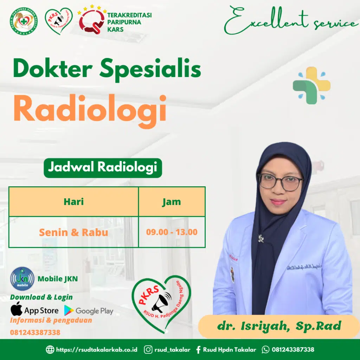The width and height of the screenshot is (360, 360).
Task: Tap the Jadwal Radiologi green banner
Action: pos(102,168)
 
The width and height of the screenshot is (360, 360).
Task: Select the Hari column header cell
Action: pos(73,202)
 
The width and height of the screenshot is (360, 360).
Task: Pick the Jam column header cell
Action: pos(172,202)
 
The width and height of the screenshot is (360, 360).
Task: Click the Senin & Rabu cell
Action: pos(73,232)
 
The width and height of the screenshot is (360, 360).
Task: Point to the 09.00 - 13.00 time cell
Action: pos(172,232)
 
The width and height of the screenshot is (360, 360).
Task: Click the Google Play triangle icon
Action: pos(69,310)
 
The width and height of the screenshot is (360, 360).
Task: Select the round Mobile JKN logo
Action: pos(22,279)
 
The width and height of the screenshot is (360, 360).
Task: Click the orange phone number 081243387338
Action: pos(35,332)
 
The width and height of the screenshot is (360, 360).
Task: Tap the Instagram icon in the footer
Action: pos(149,349)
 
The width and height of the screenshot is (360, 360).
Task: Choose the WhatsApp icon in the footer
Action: pos(266,349)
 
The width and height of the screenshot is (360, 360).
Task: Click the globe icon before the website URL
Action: pos(50,349)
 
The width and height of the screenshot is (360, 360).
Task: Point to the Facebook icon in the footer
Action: pos(198,349)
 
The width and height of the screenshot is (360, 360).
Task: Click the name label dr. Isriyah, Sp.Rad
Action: pos(279,326)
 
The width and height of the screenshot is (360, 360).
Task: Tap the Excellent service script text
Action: pos(290,22)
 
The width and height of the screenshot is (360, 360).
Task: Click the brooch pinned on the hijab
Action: pos(261,238)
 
